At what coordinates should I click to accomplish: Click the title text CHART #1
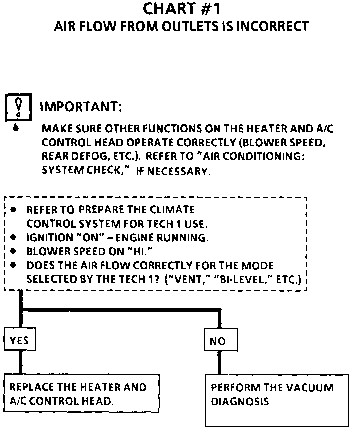click(x=181, y=8)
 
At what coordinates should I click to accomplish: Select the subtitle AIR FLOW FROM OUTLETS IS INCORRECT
click(x=181, y=26)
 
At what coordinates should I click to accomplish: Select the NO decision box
click(x=218, y=341)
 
